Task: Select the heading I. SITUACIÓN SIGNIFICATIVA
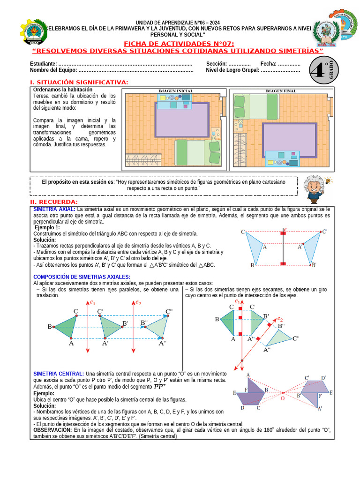point(79,82)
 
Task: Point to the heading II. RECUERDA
point(57,202)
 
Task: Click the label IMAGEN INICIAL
point(176,90)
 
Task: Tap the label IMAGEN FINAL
point(280,91)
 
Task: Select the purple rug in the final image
point(289,140)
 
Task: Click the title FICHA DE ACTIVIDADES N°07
point(178,44)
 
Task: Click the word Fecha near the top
point(268,64)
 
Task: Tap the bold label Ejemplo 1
point(47,227)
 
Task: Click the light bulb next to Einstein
point(329,180)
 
